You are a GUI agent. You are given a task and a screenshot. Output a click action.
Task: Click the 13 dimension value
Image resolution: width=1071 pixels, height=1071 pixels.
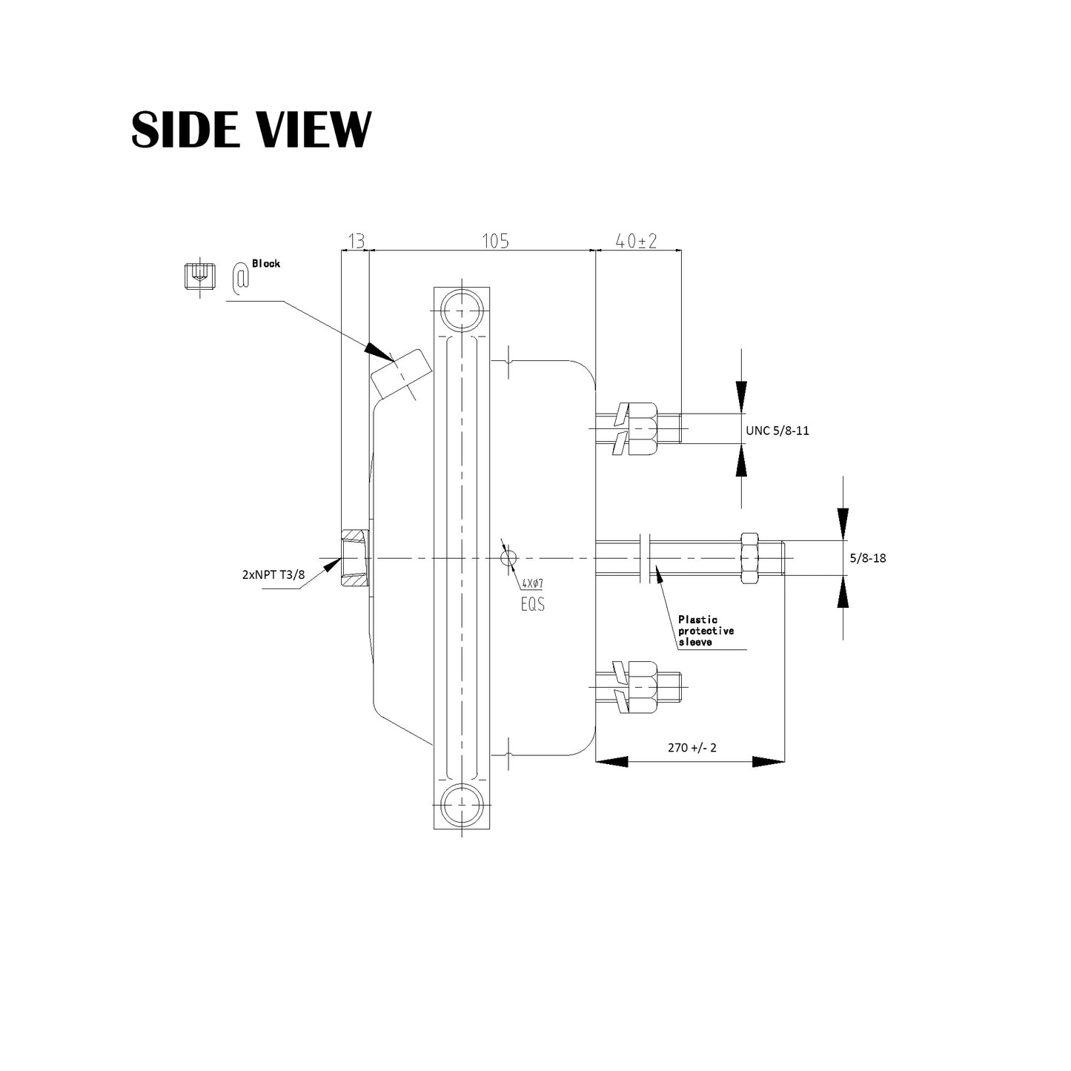pyautogui.click(x=356, y=242)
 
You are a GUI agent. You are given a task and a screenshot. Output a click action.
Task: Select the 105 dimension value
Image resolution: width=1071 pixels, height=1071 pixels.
pyautogui.click(x=495, y=242)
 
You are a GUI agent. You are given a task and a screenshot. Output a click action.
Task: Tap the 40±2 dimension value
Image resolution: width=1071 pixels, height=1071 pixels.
pyautogui.click(x=637, y=242)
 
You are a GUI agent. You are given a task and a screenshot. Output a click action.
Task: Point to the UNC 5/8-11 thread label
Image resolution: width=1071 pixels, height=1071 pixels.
pyautogui.click(x=777, y=430)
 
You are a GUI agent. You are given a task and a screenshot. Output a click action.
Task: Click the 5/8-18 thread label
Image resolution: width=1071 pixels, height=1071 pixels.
pyautogui.click(x=867, y=558)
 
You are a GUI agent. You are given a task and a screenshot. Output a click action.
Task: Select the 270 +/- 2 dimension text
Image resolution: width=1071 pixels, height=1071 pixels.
pyautogui.click(x=692, y=747)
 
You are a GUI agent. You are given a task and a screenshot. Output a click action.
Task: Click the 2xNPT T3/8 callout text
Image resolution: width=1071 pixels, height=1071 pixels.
pyautogui.click(x=273, y=574)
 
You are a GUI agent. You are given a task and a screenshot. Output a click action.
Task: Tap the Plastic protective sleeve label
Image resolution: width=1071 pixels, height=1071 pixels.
pyautogui.click(x=706, y=631)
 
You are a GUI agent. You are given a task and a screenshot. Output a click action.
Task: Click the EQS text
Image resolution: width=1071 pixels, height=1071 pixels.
pyautogui.click(x=532, y=604)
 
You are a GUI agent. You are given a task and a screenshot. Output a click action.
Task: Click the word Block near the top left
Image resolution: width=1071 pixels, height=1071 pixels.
pyautogui.click(x=266, y=263)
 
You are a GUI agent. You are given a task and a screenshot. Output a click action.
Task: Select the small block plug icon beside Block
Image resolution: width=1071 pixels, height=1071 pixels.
pyautogui.click(x=198, y=276)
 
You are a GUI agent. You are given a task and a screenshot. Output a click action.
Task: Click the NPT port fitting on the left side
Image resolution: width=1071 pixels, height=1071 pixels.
pyautogui.click(x=354, y=558)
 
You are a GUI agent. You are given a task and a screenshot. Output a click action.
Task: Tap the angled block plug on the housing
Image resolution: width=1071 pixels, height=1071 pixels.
pyautogui.click(x=400, y=373)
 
